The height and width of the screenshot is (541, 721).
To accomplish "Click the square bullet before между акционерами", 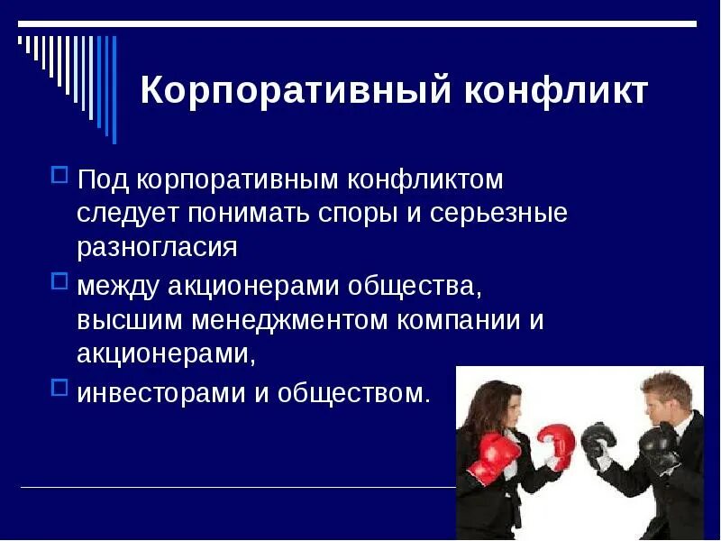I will (x=60, y=280).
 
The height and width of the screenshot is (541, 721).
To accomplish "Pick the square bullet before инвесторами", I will (x=60, y=386).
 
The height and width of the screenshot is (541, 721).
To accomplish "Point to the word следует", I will (x=127, y=214).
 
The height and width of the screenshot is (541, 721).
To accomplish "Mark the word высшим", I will (x=127, y=320).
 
